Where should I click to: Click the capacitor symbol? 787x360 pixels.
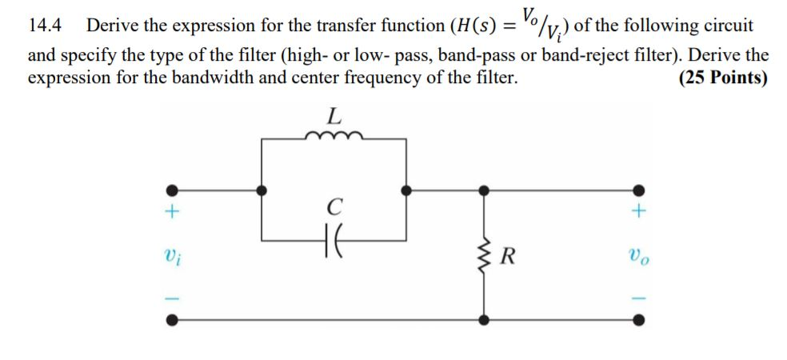[335, 238]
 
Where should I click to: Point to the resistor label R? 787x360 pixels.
[507, 257]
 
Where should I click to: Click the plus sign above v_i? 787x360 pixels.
[171, 214]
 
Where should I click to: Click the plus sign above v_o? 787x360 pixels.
[637, 213]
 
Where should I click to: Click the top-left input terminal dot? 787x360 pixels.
[171, 191]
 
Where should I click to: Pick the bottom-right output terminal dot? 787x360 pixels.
[637, 320]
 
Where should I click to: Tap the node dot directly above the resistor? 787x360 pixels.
[482, 191]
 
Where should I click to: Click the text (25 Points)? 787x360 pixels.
[723, 78]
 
